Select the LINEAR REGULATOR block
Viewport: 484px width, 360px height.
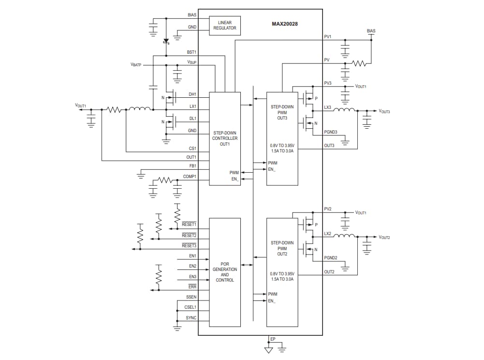225,26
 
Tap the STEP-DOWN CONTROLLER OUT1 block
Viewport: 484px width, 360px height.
225,138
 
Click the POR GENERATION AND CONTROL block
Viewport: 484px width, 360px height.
225,272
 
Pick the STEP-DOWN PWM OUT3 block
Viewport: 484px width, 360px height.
282,138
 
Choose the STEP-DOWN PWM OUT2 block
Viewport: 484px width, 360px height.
282,272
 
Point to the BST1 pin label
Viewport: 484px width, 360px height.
191,52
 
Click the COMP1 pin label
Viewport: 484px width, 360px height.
190,177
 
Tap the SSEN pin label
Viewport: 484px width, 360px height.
191,297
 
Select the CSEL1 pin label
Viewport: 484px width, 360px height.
190,307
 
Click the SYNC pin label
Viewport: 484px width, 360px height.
191,318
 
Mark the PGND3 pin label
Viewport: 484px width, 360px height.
331,132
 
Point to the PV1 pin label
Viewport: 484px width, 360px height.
328,36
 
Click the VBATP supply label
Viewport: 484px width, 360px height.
136,64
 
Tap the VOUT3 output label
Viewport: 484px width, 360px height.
384,111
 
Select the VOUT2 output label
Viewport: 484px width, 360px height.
384,238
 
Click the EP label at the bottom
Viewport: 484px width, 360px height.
273,339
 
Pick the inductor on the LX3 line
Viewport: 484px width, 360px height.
344,110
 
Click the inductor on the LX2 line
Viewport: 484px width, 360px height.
344,237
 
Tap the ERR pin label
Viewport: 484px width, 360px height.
192,286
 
